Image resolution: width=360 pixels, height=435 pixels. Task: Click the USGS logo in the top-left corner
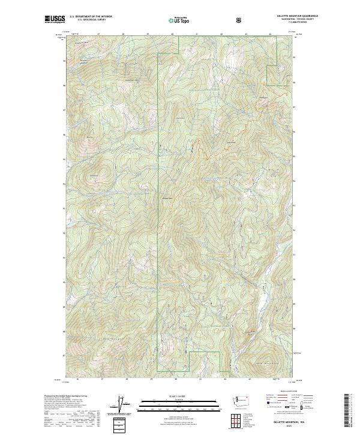[55, 19]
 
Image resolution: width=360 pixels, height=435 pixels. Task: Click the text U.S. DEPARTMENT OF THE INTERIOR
[91, 16]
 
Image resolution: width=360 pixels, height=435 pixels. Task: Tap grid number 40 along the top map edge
[173, 34]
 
